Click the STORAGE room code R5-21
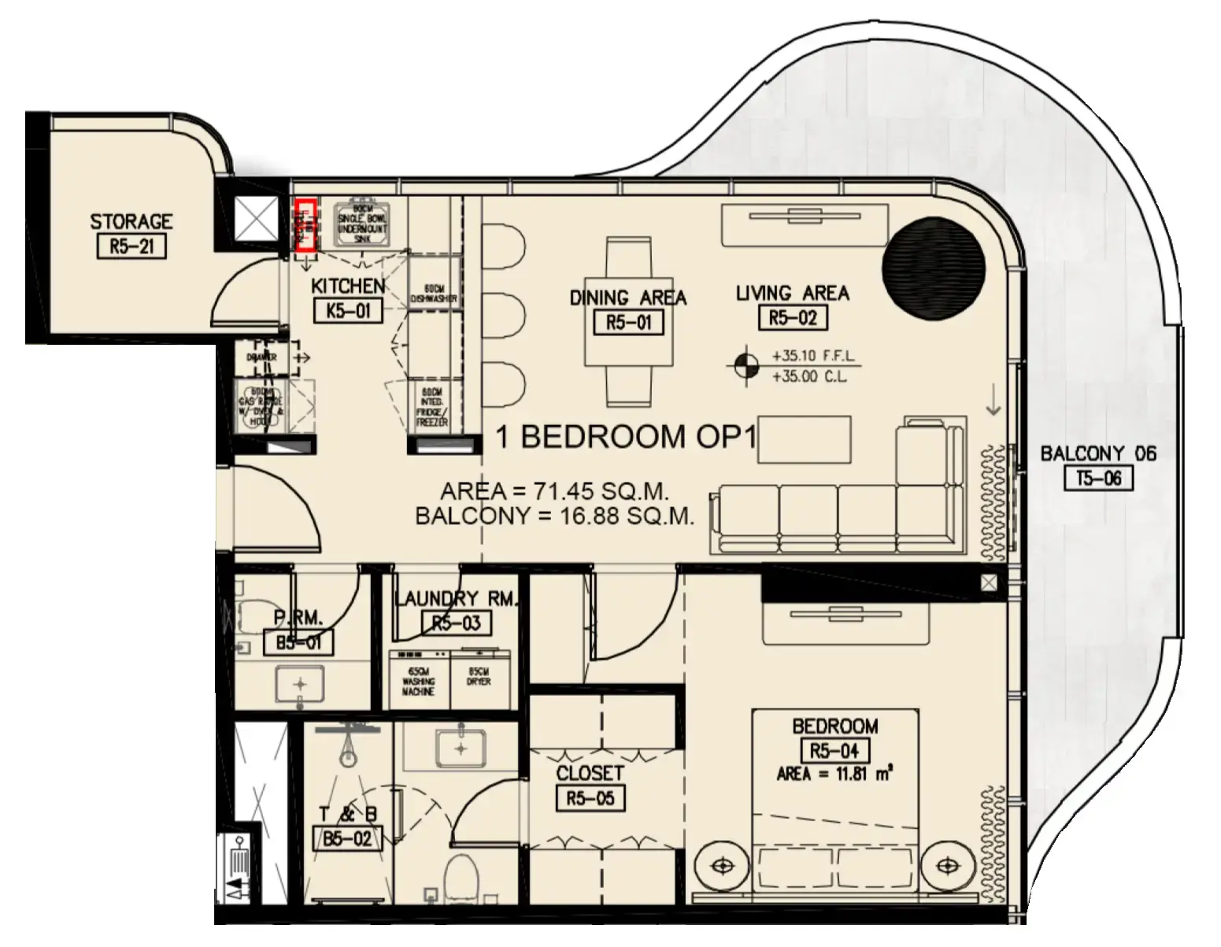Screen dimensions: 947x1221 pyautogui.click(x=131, y=247)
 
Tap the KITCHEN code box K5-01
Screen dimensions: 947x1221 pyautogui.click(x=347, y=311)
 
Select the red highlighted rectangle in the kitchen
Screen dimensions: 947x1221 pyautogui.click(x=305, y=225)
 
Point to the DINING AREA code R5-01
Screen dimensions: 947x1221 pyautogui.click(x=628, y=322)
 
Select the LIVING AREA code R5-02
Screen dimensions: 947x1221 pyautogui.click(x=792, y=317)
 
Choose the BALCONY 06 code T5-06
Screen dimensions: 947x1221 pyautogui.click(x=1097, y=478)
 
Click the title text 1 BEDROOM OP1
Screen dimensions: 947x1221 pyautogui.click(x=626, y=437)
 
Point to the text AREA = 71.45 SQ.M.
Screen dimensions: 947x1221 pyautogui.click(x=554, y=493)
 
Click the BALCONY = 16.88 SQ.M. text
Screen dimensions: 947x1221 pyautogui.click(x=554, y=517)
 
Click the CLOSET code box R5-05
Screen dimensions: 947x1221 pyautogui.click(x=590, y=799)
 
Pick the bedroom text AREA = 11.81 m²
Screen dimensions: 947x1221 pyautogui.click(x=834, y=774)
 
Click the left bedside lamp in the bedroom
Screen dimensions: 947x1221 pyautogui.click(x=720, y=866)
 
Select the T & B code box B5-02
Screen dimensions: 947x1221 pyautogui.click(x=346, y=839)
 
